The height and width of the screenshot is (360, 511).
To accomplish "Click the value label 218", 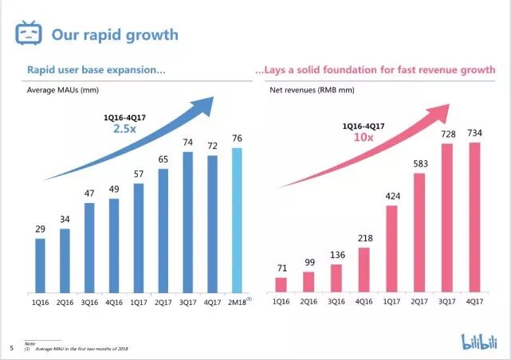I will [x=364, y=238].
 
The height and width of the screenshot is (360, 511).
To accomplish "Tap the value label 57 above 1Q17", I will [x=139, y=174].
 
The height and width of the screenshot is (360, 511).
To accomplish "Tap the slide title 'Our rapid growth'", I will [x=115, y=35].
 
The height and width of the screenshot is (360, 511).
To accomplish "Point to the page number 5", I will [x=11, y=347].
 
